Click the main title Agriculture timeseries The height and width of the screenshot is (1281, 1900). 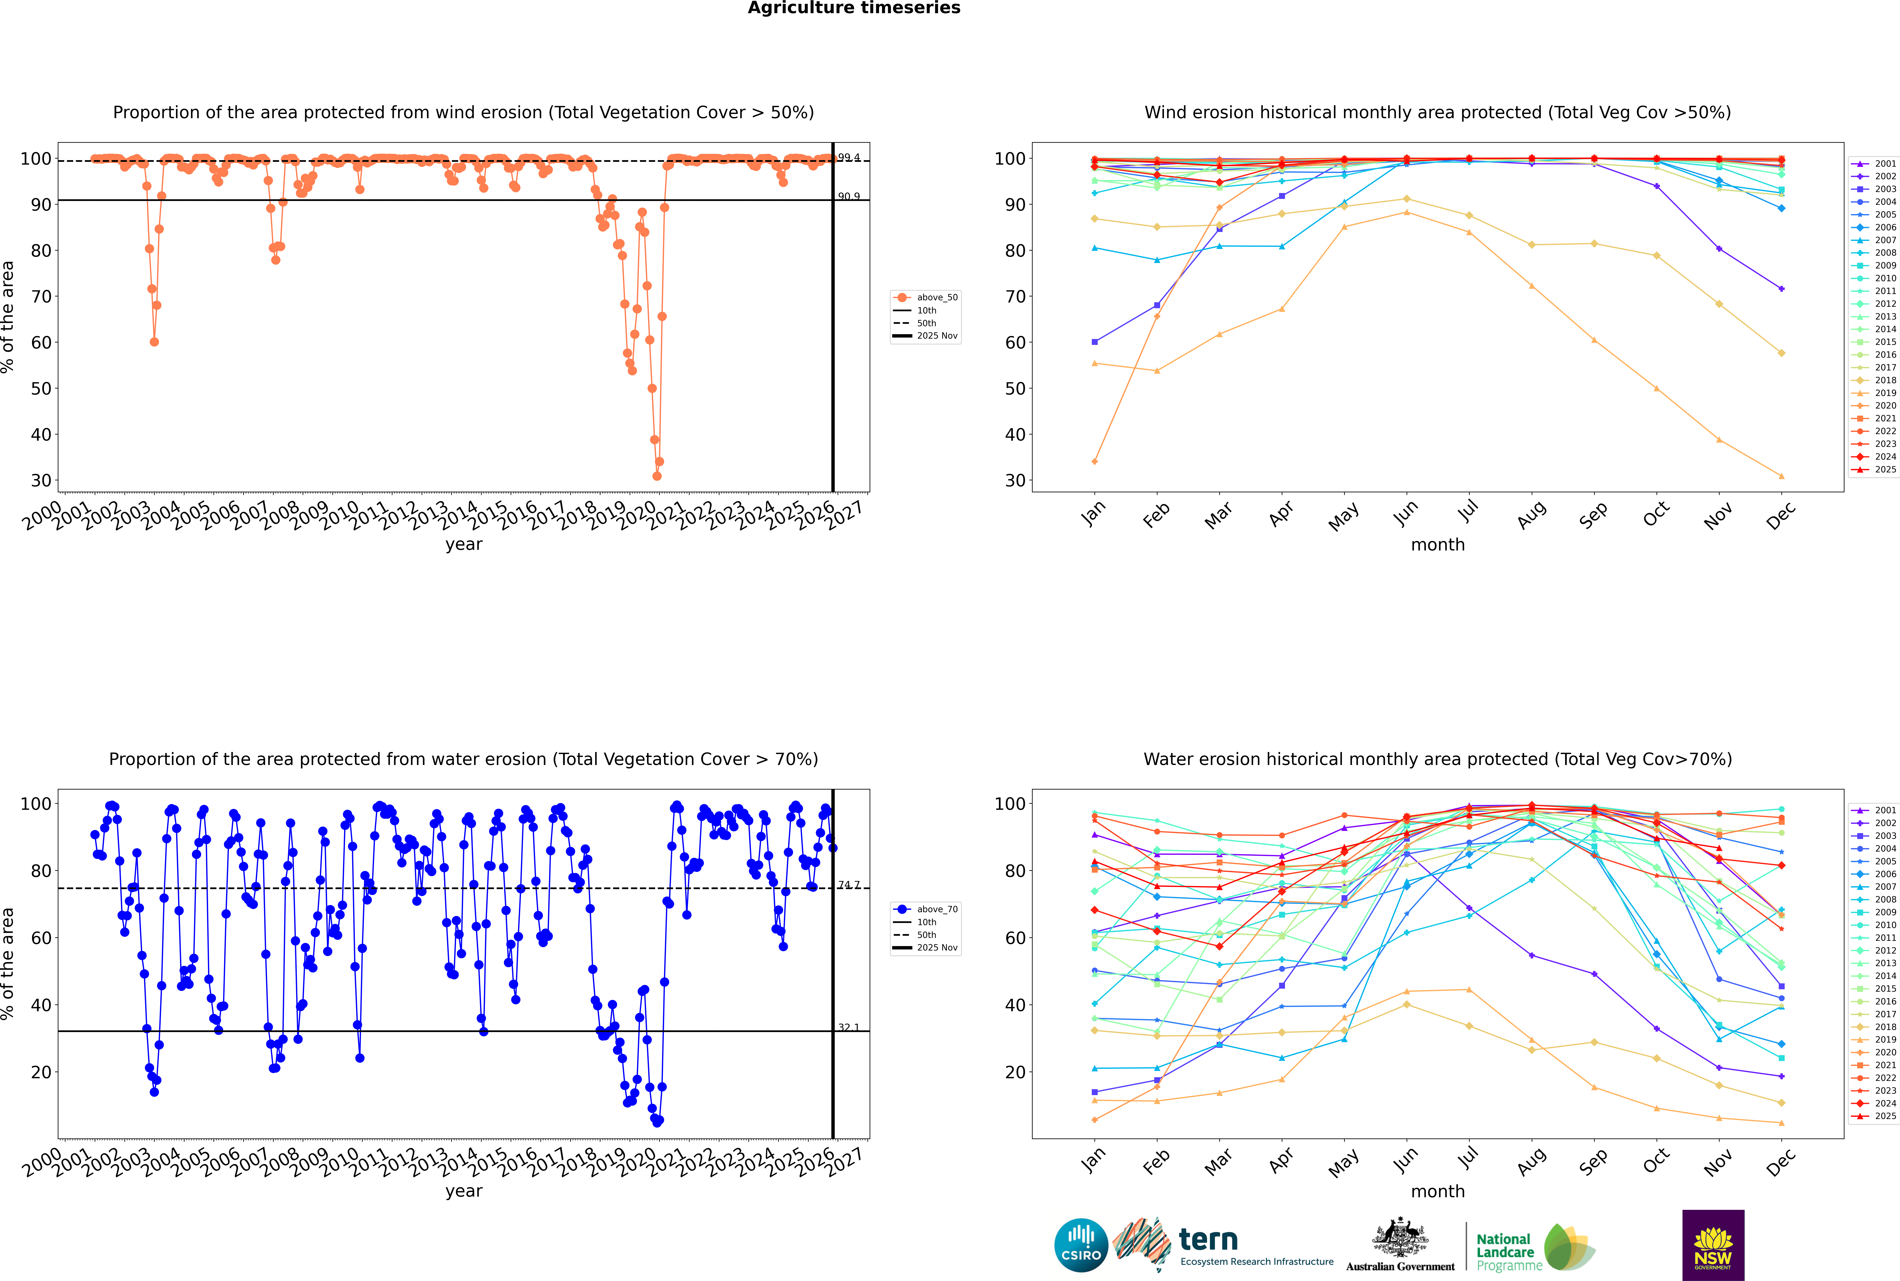(854, 8)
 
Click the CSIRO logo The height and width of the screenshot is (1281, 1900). (1081, 1246)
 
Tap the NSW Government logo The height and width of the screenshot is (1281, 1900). (1713, 1244)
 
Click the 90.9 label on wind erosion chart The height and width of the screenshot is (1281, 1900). (849, 196)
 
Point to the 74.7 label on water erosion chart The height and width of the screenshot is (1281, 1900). (849, 885)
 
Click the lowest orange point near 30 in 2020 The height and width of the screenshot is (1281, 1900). (657, 475)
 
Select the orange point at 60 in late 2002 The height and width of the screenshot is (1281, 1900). (154, 341)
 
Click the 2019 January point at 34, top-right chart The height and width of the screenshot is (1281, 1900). (1095, 462)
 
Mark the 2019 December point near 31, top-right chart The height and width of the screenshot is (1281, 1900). (1782, 476)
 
